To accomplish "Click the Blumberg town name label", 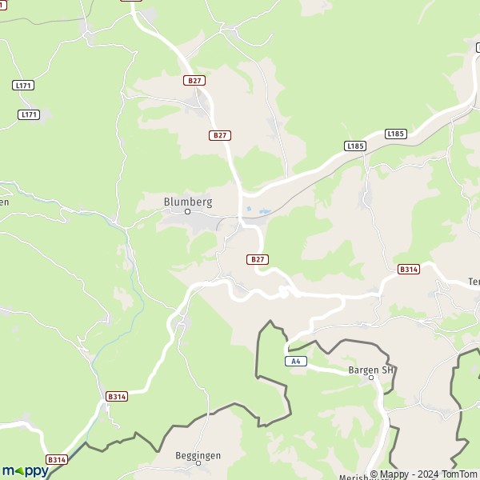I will [x=187, y=202].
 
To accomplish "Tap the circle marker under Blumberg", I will [x=188, y=213].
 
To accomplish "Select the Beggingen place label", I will [x=198, y=455].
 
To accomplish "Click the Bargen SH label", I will [x=371, y=370].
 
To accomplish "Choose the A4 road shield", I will [x=296, y=362].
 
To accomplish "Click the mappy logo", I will [x=25, y=470].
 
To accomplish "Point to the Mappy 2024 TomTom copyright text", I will [x=423, y=474].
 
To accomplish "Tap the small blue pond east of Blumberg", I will [x=250, y=210].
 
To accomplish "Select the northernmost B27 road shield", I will [x=194, y=81].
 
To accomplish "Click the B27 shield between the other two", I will [x=220, y=135].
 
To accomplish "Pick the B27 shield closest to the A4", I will [x=257, y=259].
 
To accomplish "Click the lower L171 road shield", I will [x=29, y=115].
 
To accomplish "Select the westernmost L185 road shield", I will [x=355, y=146].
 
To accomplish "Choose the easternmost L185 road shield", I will [x=396, y=134].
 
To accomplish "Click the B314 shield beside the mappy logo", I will [x=56, y=460].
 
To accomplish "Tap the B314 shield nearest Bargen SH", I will [x=408, y=270].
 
